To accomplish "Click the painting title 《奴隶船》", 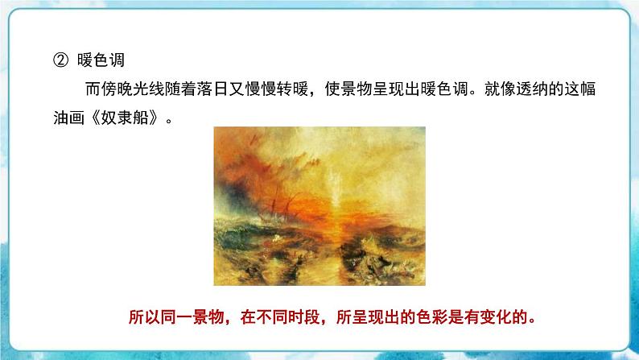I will (126, 118).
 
